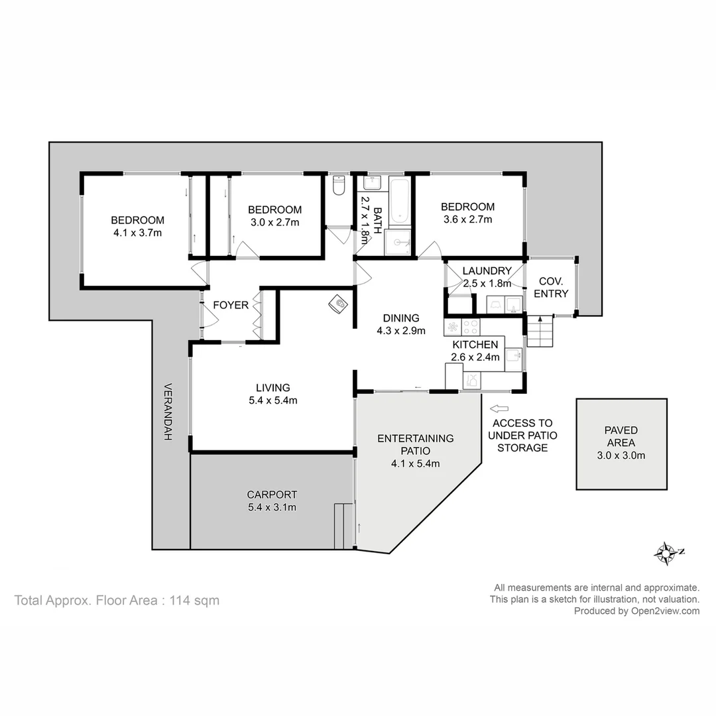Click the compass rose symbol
pos(664,553)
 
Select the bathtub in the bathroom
pos(400,200)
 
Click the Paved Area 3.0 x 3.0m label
pos(621,443)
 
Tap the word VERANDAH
pos(168,412)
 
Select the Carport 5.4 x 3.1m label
pos(271,501)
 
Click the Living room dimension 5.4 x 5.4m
pos(272,400)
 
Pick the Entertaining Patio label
pos(415,444)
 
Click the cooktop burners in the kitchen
pos(471,327)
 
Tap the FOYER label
pos(231,306)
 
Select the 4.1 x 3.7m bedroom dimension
pos(138,233)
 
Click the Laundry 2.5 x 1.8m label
pos(487,277)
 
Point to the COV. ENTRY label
pos(551,287)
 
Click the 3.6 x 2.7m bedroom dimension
pos(467,219)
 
